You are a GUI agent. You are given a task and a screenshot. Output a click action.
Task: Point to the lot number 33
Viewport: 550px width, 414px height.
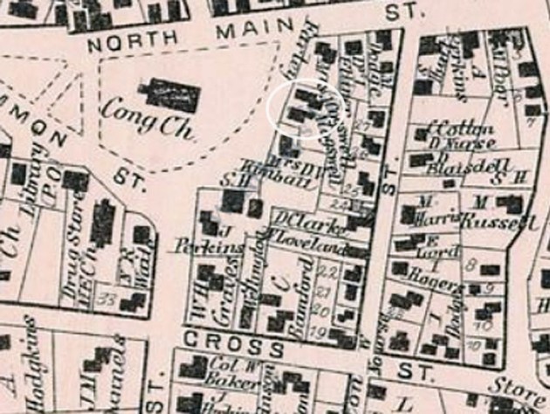(x=109, y=298)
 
